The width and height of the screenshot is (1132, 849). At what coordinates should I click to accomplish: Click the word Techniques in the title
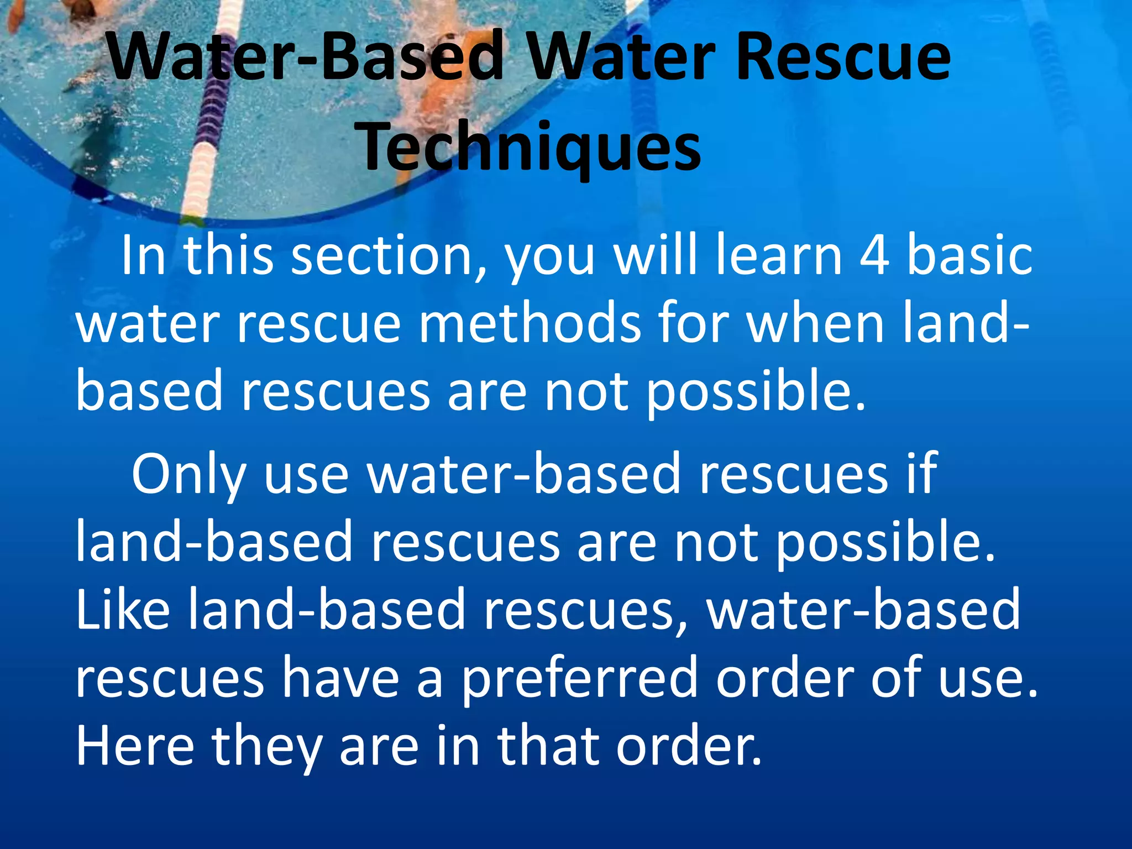531,146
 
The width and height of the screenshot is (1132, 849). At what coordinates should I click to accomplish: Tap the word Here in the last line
135,746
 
